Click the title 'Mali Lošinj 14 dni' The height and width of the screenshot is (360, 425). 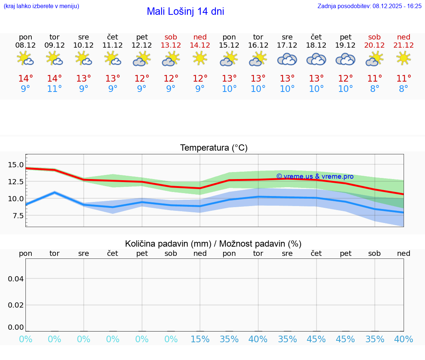(x=185, y=11)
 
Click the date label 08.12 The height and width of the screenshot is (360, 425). (x=25, y=45)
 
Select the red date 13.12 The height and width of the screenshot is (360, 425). (x=171, y=45)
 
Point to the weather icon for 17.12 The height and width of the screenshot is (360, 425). (x=287, y=59)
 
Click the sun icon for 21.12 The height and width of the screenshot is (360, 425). (x=403, y=58)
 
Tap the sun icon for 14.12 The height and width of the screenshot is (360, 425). (x=200, y=58)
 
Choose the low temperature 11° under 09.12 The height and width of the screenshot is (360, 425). (x=55, y=89)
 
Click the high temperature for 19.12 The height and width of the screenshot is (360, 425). (x=345, y=79)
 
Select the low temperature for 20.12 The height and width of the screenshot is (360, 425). (x=374, y=89)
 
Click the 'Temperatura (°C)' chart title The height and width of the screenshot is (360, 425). (x=214, y=148)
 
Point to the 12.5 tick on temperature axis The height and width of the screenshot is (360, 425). (x=15, y=182)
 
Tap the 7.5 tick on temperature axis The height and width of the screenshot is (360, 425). (x=15, y=216)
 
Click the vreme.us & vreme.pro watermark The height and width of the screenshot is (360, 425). (x=315, y=176)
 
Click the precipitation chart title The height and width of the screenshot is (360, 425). (x=213, y=243)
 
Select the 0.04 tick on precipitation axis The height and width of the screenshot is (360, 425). (x=16, y=279)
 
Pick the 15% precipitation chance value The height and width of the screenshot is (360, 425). (x=200, y=339)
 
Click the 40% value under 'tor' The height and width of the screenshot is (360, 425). (x=258, y=339)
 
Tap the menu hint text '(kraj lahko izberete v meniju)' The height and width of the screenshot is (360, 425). (x=41, y=6)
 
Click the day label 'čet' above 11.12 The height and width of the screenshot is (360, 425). (x=113, y=37)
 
